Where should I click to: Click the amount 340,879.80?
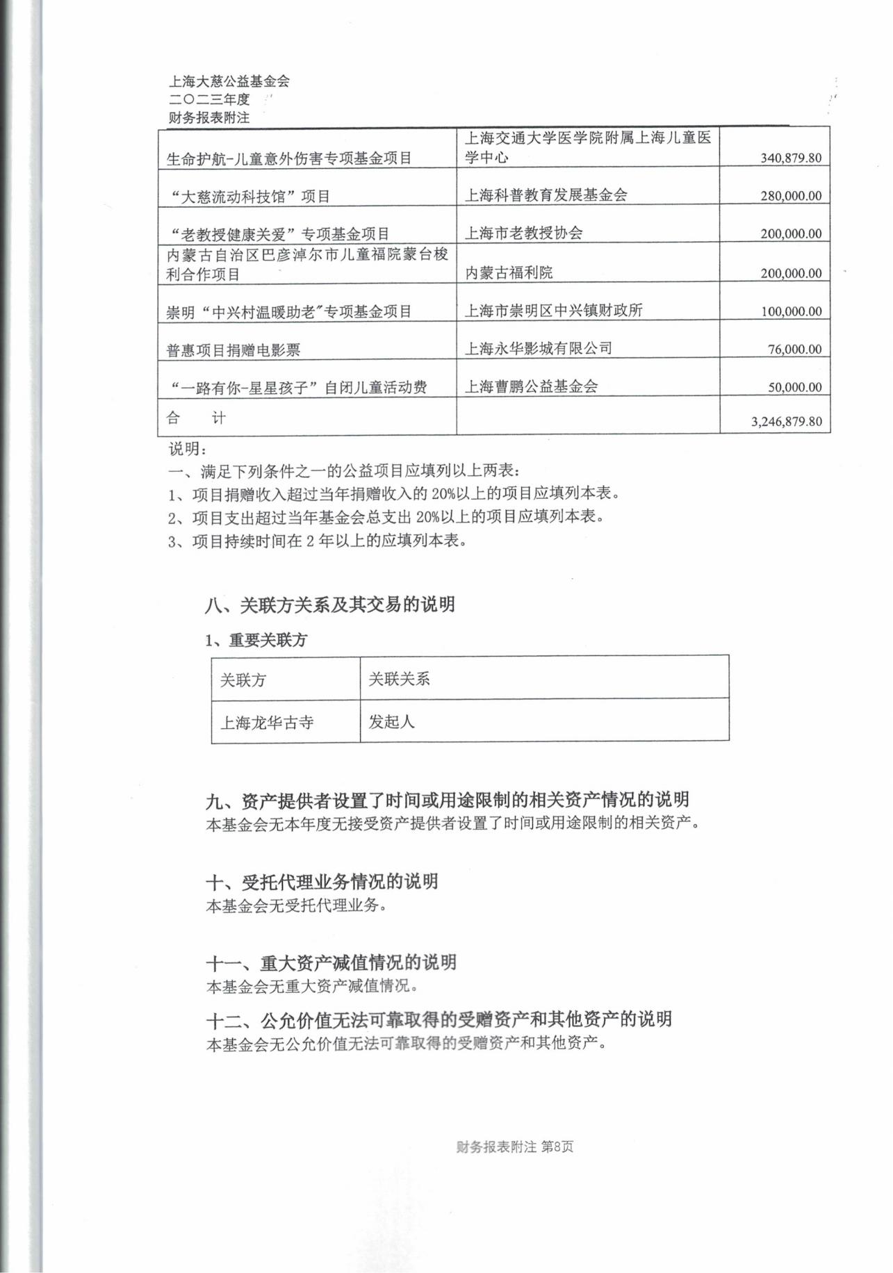791,158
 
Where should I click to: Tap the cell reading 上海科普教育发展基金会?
546,195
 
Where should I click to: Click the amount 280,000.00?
791,196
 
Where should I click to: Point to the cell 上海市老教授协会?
523,233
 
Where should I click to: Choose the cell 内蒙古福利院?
509,273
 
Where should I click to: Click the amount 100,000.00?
791,311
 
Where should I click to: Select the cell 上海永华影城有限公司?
539,348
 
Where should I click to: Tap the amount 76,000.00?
794,350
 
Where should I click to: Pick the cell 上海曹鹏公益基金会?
531,386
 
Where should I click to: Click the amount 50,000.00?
794,388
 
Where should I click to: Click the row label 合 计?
196,418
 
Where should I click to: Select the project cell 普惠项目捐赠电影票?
233,350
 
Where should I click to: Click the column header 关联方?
243,680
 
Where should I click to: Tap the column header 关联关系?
399,679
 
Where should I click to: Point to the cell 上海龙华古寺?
267,723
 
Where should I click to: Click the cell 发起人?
391,722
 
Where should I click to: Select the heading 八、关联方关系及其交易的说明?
330,605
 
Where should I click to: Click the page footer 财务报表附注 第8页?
515,1147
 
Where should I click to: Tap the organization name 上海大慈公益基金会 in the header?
229,81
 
